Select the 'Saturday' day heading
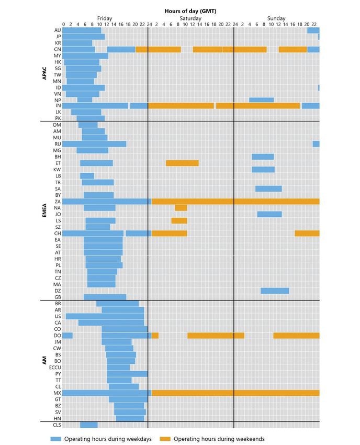coord(190,18)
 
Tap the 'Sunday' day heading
coord(276,18)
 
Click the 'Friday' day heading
coord(105,18)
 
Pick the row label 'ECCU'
coord(54,367)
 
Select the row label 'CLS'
coord(57,425)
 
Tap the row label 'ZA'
coord(58,201)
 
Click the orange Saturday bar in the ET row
coord(182,163)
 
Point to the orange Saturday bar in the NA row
coord(181,208)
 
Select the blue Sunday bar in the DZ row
coord(275,291)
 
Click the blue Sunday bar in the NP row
coord(261,99)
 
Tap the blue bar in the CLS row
coord(88,425)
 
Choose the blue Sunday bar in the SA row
coord(268,188)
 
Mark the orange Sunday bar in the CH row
coord(307,233)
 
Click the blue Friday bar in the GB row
coord(105,297)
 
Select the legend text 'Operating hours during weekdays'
coord(108,439)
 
